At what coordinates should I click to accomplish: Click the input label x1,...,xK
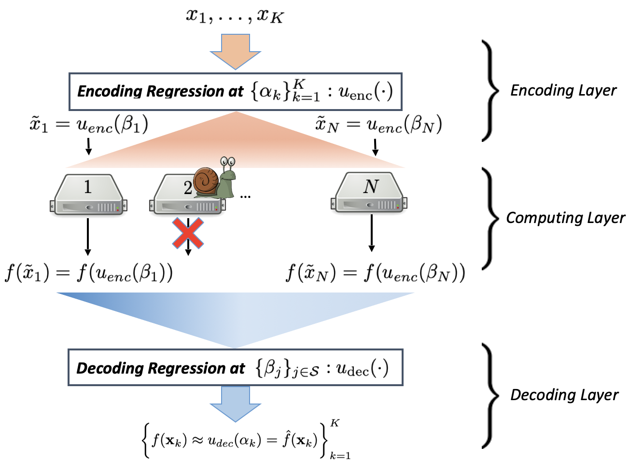coord(235,16)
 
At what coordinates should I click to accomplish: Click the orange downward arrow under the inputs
coord(235,51)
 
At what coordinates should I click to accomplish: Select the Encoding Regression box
coord(236,91)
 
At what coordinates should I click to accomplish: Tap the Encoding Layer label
coord(563,90)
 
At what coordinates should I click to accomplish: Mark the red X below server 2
coord(188,233)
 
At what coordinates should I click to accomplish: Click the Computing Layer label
coord(565,218)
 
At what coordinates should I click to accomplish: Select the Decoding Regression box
coord(236,368)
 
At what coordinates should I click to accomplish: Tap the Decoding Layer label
coord(564,395)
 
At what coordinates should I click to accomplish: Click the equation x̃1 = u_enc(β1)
coord(88,125)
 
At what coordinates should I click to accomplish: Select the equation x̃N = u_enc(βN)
coord(378,125)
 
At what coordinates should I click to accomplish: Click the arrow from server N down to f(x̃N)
coord(371,233)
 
